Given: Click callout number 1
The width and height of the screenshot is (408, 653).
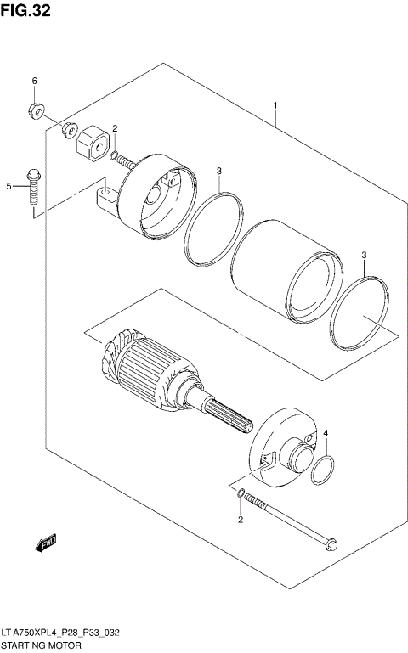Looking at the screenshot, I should click(x=275, y=106).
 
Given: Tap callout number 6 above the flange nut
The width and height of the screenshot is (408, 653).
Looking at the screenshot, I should click(x=35, y=81).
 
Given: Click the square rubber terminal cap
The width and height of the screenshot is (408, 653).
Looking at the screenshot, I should click(x=92, y=142).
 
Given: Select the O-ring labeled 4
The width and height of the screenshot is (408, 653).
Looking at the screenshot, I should click(x=323, y=470).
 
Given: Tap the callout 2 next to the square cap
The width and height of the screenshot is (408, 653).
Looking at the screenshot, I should click(x=115, y=129).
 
